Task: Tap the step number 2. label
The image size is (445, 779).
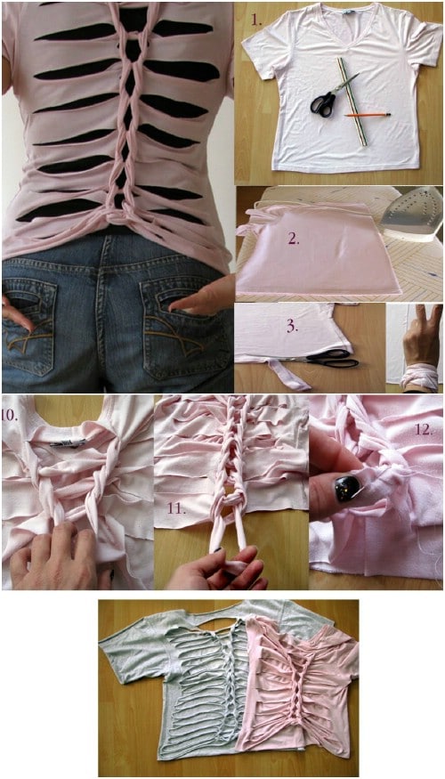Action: (x=294, y=239)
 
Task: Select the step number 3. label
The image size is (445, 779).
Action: (x=293, y=329)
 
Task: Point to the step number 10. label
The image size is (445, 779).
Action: (x=10, y=416)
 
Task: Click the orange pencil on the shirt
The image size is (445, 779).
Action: (x=368, y=115)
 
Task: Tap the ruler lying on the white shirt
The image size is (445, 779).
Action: (x=352, y=101)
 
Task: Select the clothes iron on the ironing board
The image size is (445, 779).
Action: (x=412, y=213)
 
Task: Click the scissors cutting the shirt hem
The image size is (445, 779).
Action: (x=329, y=359)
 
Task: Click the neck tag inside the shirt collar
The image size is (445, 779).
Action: (x=68, y=442)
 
